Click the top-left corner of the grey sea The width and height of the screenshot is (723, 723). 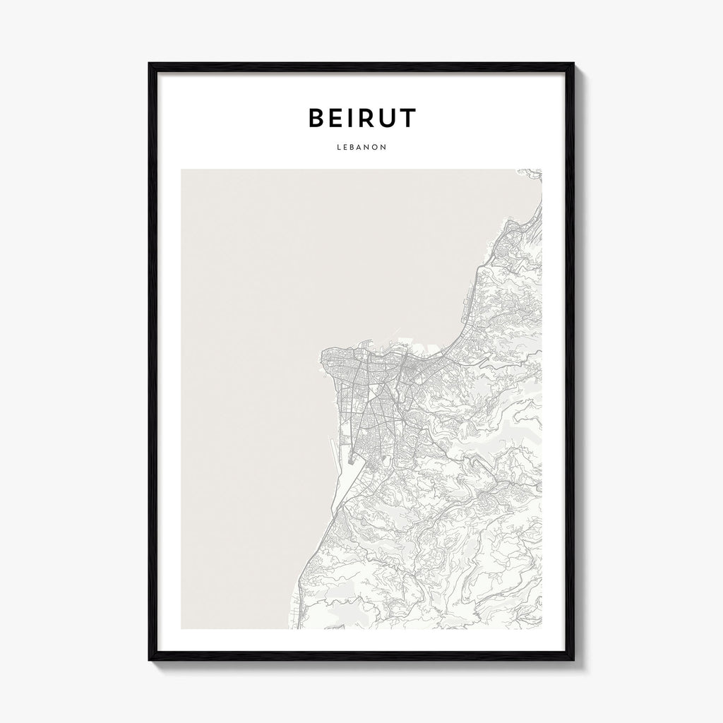181,169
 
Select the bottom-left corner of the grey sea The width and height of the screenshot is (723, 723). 181,628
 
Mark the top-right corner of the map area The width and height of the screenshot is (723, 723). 542,169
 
